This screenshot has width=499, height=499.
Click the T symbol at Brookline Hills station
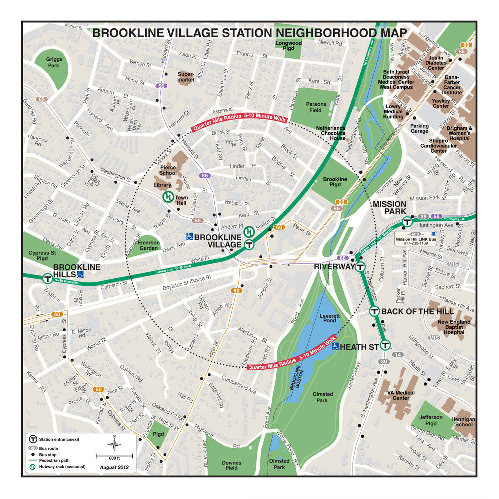click(x=47, y=279)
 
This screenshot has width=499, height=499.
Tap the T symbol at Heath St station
click(x=385, y=345)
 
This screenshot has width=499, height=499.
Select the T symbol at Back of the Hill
click(x=374, y=311)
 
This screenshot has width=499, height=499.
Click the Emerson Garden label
click(x=149, y=245)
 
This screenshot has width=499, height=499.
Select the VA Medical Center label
click(x=401, y=395)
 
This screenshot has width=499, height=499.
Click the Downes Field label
click(x=232, y=466)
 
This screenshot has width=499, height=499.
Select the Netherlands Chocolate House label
click(x=331, y=133)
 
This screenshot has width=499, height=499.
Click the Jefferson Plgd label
click(x=431, y=420)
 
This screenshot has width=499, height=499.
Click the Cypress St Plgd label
click(x=38, y=256)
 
